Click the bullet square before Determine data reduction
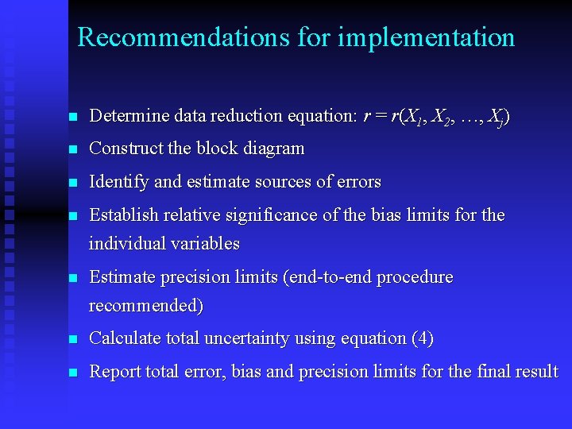(73, 117)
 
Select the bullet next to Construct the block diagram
(73, 149)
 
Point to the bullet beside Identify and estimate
(73, 183)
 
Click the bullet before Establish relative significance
(73, 216)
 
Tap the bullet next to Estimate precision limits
(73, 279)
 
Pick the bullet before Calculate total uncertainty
(73, 339)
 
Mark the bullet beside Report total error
(73, 373)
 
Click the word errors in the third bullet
(358, 182)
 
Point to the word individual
(127, 243)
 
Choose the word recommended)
(146, 305)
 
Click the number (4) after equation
(423, 338)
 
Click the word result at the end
(537, 372)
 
